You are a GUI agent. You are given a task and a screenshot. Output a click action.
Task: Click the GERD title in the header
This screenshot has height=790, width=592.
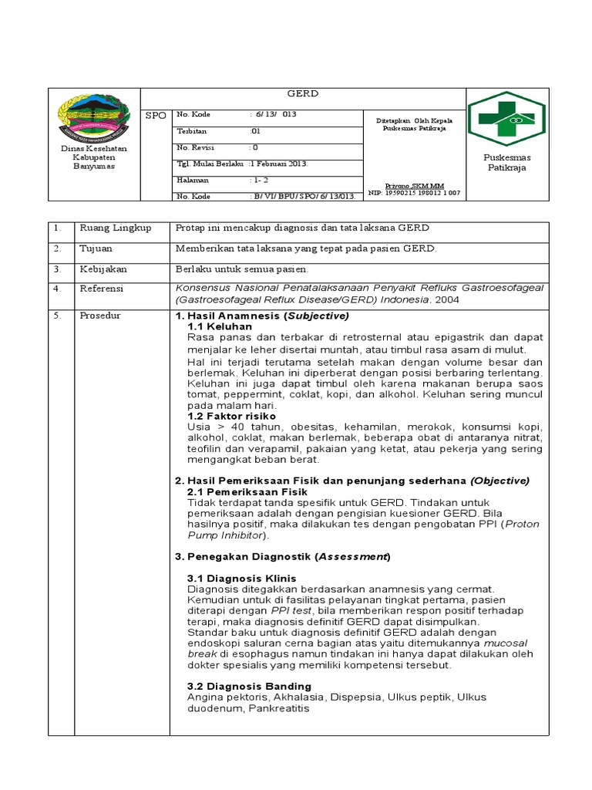click(303, 94)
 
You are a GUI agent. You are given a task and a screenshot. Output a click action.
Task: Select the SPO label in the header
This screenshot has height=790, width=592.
click(156, 114)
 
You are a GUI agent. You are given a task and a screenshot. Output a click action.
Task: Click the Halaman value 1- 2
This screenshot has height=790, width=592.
click(260, 180)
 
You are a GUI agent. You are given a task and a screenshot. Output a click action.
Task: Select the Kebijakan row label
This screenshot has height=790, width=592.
click(103, 269)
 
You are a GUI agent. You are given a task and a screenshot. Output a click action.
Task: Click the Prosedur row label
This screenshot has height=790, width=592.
click(100, 316)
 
